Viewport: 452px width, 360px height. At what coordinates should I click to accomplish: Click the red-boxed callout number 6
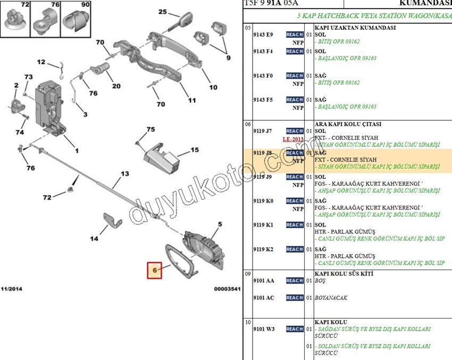[155, 270]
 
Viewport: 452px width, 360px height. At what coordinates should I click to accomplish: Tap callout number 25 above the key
[162, 12]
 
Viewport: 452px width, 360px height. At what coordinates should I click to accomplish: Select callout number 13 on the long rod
[124, 174]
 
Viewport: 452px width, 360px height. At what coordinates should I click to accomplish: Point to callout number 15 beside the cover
[194, 150]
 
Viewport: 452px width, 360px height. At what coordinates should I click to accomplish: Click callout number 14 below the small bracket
[94, 239]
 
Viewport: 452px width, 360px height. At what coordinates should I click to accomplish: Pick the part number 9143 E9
[263, 35]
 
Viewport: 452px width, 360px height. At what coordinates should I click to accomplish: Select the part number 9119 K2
[263, 249]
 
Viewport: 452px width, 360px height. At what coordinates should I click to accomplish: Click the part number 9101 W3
[264, 329]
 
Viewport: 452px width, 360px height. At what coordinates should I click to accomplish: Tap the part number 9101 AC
[264, 298]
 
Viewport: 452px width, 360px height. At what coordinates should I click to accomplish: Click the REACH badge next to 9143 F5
[295, 100]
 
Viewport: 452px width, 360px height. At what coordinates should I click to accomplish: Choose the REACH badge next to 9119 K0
[295, 201]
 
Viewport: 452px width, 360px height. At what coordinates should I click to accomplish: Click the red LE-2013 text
[293, 139]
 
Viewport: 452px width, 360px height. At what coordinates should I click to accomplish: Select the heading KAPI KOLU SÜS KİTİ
[344, 273]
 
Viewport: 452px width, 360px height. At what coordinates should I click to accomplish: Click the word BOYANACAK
[331, 298]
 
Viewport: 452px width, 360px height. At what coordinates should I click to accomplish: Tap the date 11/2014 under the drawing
[12, 289]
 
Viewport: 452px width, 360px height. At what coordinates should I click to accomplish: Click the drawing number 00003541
[227, 289]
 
